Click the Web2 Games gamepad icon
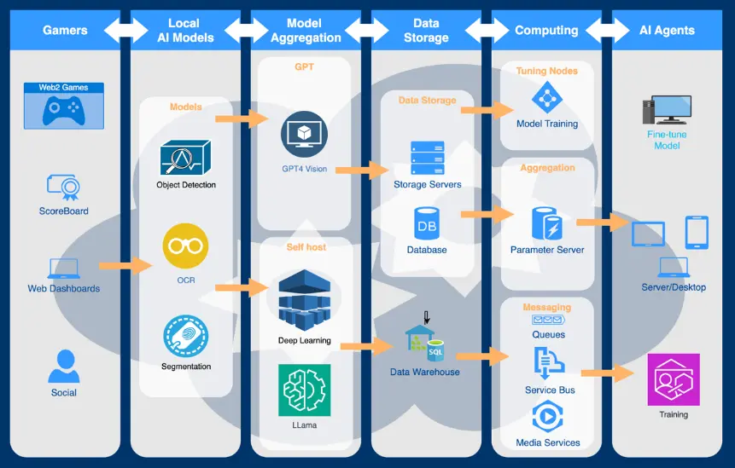click(63, 109)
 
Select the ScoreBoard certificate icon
click(63, 187)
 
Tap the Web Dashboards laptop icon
click(63, 269)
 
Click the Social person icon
click(63, 367)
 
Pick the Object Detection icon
click(185, 158)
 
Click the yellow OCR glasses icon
click(185, 246)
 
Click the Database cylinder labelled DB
click(426, 223)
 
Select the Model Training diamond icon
click(547, 97)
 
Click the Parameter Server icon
click(546, 223)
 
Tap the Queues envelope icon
click(547, 320)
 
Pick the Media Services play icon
click(547, 417)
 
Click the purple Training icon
click(673, 378)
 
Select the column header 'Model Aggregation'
click(304, 31)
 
